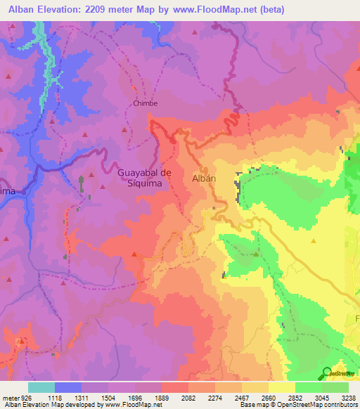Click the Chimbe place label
pos(146,103)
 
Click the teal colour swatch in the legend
pos(41,387)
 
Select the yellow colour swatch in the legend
pos(282,387)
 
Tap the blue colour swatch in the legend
pos(68,387)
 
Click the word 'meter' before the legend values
pos(10,397)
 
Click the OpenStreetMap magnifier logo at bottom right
pos(327,372)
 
